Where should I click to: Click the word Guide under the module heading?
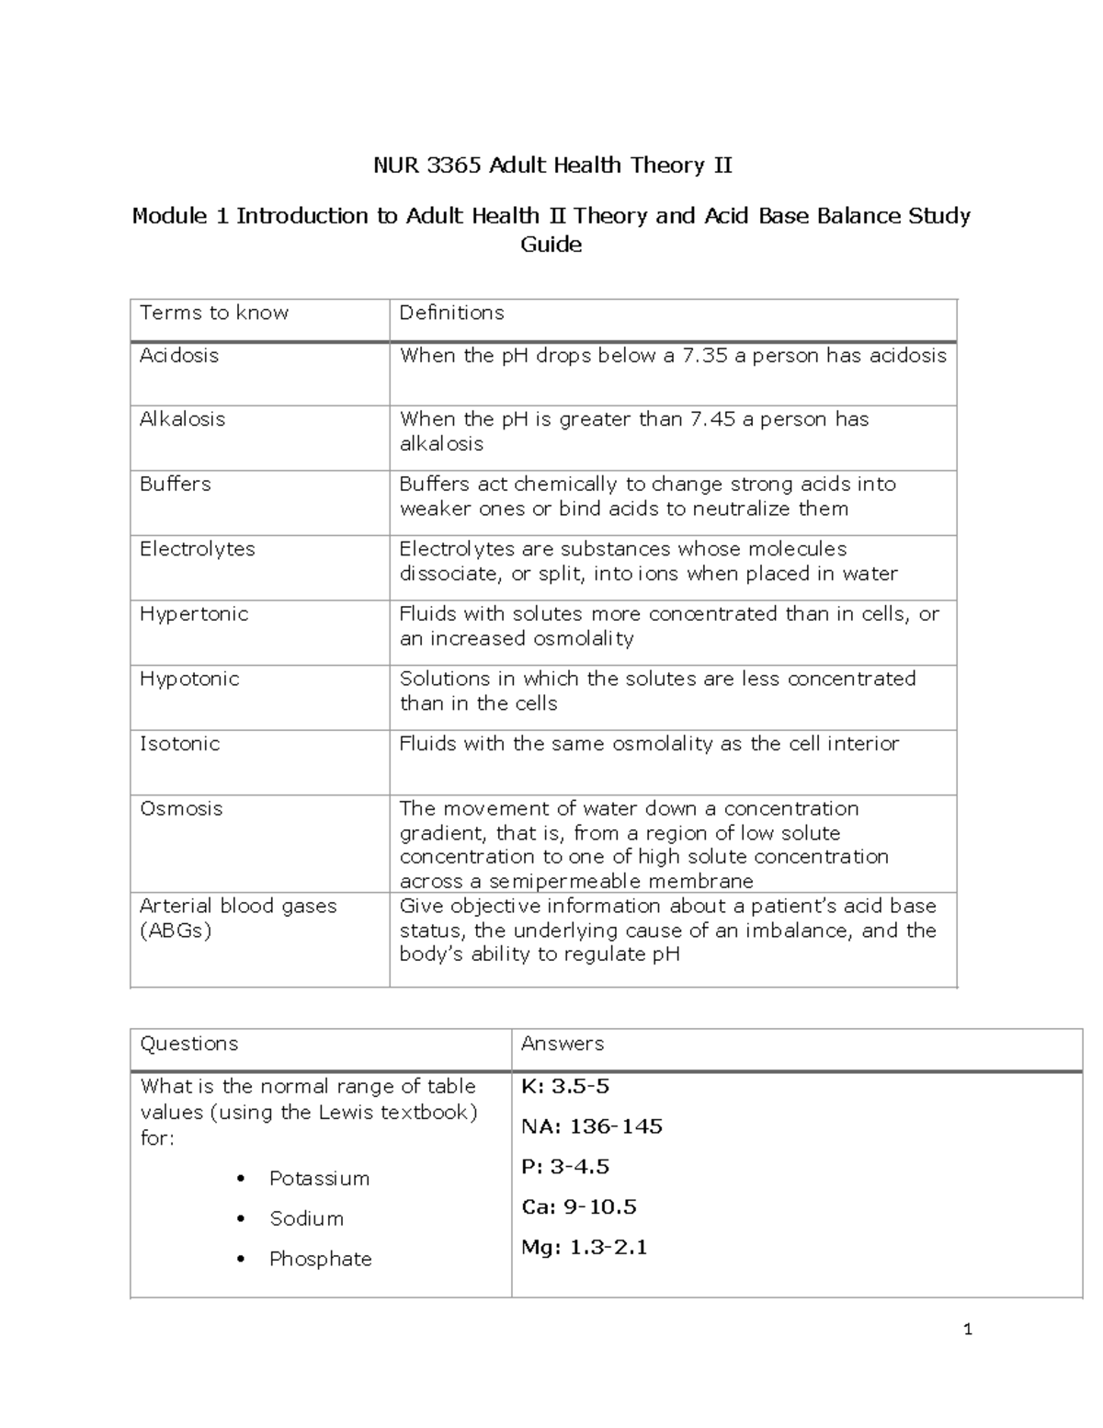551,245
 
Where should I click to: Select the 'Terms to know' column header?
214,313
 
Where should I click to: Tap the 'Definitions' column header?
451,313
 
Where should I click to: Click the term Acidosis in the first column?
179,355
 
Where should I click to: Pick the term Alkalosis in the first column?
182,419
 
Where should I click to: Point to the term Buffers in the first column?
175,484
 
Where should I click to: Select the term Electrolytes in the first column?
197,549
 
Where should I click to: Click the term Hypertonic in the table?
194,614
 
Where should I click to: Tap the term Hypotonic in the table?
189,679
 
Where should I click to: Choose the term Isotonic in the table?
179,744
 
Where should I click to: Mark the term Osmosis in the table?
181,808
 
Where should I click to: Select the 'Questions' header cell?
188,1044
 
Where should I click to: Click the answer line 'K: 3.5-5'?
565,1086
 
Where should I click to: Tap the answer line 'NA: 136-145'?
592,1126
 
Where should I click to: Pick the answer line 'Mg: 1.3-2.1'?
585,1248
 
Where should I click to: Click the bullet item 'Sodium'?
306,1218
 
